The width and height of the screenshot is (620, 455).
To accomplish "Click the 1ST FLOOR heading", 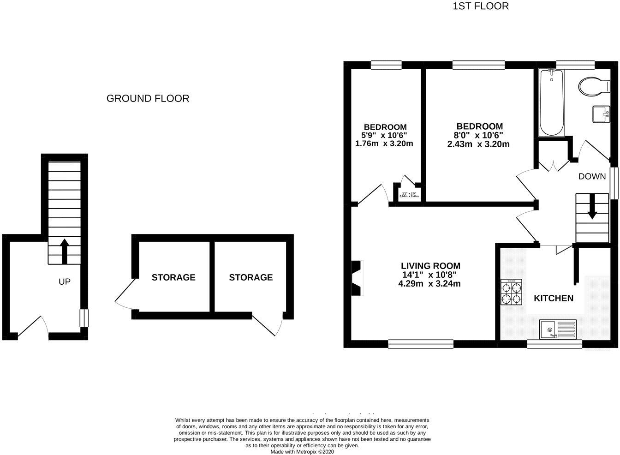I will point(481,6).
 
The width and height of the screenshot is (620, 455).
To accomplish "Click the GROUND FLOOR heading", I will point(148,98).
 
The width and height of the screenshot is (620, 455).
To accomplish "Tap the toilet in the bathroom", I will point(592,86).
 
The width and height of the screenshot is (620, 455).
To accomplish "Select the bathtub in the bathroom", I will point(551,102).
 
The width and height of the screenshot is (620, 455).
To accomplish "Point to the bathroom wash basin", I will point(601,114).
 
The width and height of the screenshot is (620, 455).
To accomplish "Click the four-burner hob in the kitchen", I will point(511,292).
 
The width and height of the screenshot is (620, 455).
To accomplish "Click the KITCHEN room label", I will point(554,298).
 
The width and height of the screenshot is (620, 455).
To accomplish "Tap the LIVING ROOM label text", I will point(430,266).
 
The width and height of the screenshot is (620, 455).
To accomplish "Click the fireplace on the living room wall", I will point(357,278).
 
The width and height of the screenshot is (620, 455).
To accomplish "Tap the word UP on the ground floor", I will point(65,281).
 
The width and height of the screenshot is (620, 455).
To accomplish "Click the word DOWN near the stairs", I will point(592,176).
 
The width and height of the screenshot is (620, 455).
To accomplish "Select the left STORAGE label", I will point(173,277).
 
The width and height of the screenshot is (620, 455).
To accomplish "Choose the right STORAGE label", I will point(250,277).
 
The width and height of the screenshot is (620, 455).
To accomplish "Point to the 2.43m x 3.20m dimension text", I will point(478,144).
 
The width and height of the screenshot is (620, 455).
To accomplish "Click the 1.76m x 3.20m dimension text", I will point(384,144).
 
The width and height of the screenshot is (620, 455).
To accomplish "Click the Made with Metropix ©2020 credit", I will point(302,452).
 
